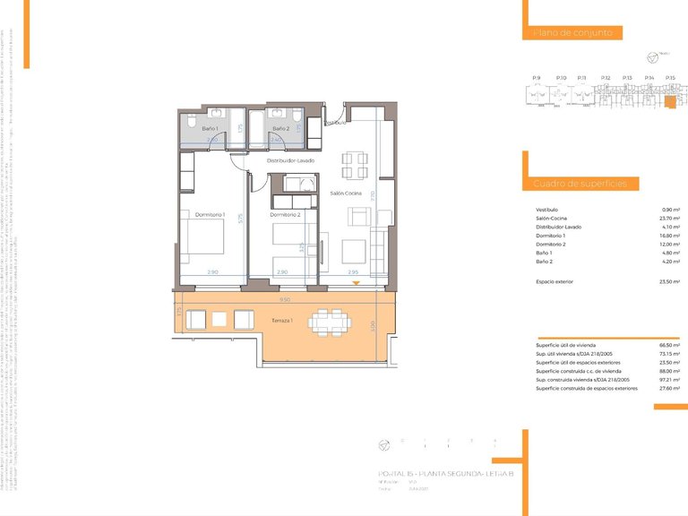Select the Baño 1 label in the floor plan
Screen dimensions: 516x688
tap(210, 129)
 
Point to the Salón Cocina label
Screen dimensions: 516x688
tap(346, 193)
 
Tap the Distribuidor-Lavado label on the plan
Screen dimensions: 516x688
tap(290, 159)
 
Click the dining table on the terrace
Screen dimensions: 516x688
tap(324, 320)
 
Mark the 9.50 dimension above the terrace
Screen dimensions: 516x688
tap(284, 300)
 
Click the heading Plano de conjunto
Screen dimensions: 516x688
tap(573, 32)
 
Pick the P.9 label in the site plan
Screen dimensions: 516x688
tap(536, 78)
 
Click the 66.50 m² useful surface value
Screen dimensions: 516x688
tap(668, 345)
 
